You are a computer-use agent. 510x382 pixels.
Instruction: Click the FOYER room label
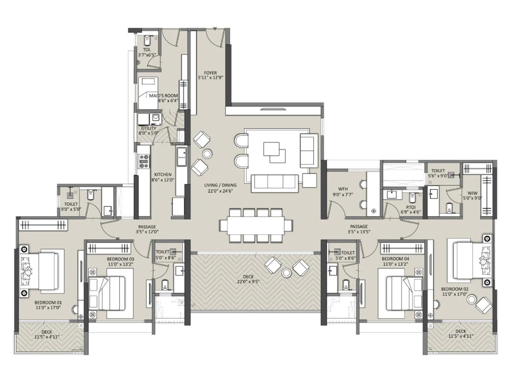210,73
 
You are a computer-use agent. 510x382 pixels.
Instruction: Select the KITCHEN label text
163,174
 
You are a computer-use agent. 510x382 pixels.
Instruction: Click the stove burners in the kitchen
144,161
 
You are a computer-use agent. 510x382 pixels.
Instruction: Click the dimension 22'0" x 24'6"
220,191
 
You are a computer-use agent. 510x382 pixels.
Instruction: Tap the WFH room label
343,189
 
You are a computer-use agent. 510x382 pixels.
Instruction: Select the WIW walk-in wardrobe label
472,193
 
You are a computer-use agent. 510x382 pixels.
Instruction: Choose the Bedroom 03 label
120,259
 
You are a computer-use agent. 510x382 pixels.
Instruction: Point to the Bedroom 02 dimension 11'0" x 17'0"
454,294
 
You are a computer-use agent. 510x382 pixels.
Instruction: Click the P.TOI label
411,207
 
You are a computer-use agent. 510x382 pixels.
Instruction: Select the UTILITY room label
149,128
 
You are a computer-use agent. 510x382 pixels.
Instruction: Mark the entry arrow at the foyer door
215,29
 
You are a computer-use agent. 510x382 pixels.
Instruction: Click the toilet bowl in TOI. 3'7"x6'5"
147,40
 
